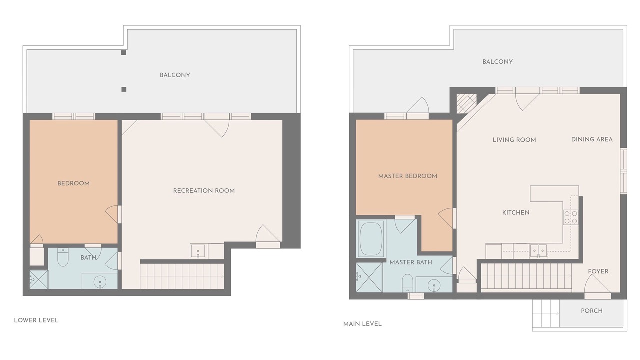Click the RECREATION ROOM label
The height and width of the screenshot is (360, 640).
(x=204, y=191)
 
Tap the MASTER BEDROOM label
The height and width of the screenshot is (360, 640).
(x=407, y=176)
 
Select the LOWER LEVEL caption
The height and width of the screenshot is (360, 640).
(x=36, y=320)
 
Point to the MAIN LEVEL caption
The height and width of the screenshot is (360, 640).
(x=362, y=324)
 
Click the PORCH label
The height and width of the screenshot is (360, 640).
(x=591, y=311)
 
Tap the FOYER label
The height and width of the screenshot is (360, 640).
(x=598, y=271)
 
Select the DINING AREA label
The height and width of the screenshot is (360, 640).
(x=592, y=139)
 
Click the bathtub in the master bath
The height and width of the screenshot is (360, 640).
(x=371, y=239)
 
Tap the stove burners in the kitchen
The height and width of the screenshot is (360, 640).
(x=571, y=217)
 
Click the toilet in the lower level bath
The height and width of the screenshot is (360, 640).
(x=63, y=257)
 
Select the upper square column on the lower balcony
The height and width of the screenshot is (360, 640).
(x=123, y=53)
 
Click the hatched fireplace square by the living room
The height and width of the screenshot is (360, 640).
(x=467, y=103)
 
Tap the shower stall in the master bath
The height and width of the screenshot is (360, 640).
(x=369, y=277)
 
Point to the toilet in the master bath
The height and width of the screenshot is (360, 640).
(x=407, y=283)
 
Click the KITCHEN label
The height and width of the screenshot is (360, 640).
(x=516, y=213)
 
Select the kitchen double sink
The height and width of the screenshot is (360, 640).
(x=538, y=251)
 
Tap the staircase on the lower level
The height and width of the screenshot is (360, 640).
(x=182, y=276)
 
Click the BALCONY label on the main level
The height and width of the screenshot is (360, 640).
(x=497, y=62)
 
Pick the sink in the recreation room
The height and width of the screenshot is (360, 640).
(x=198, y=251)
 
